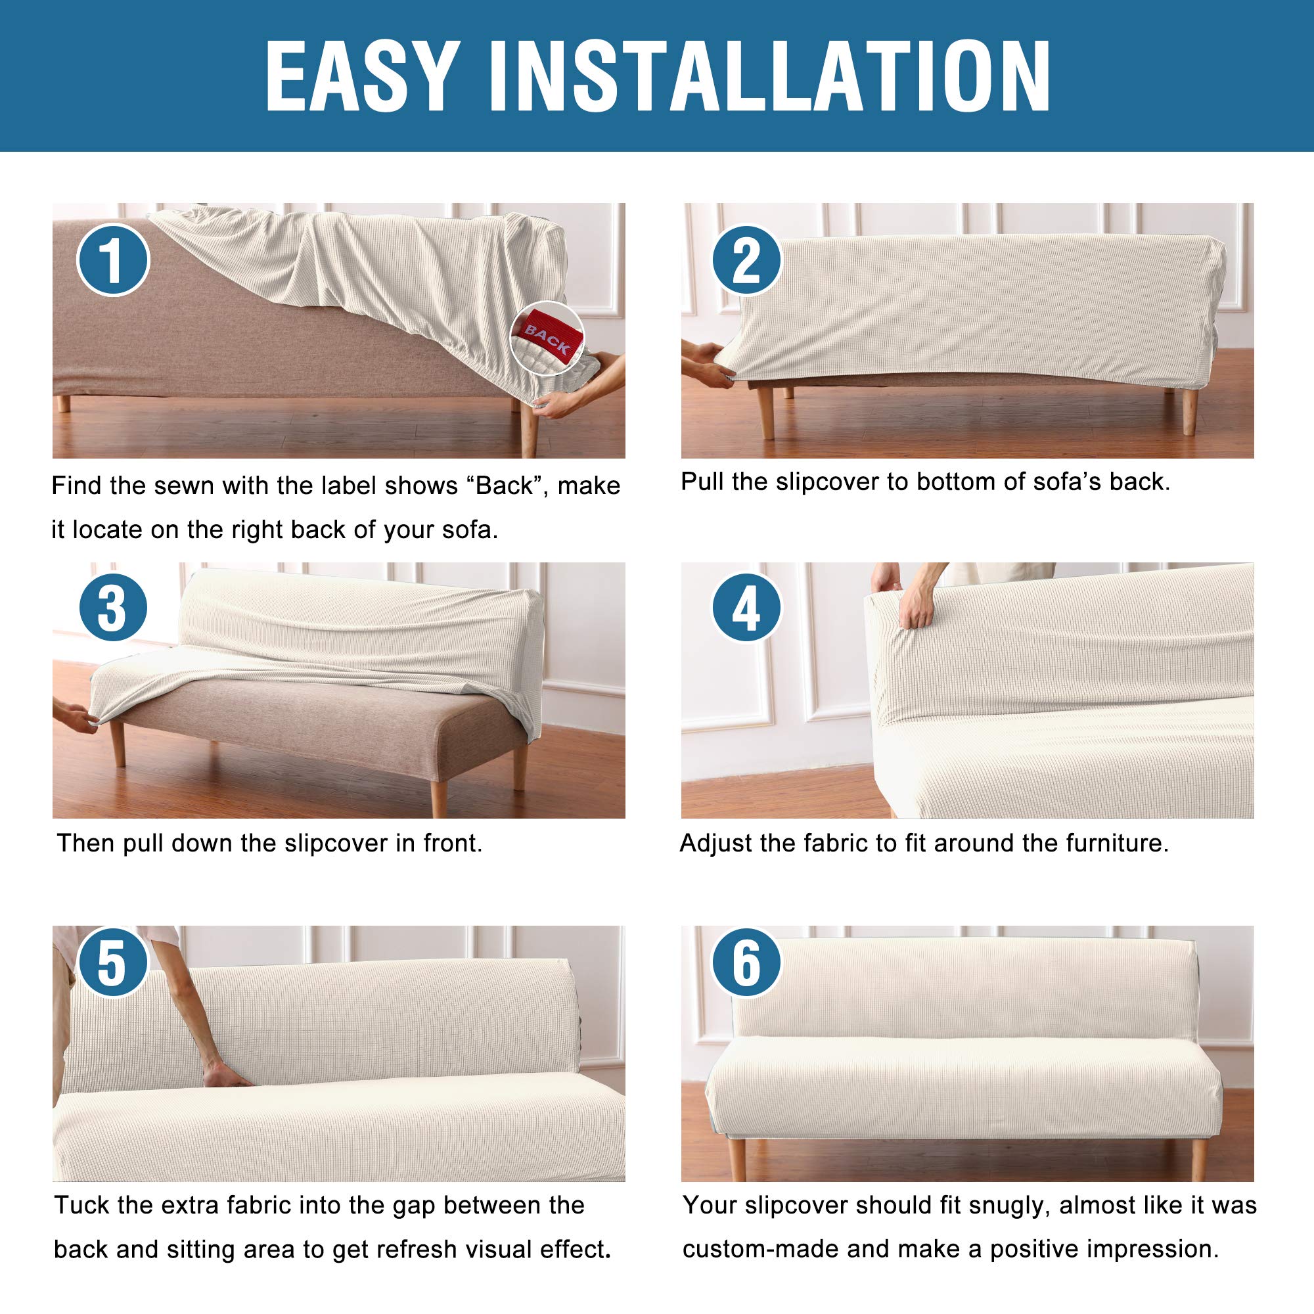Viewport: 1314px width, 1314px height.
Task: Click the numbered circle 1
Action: [113, 260]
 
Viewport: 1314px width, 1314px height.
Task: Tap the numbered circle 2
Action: [747, 260]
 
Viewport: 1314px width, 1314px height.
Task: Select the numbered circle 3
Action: [113, 607]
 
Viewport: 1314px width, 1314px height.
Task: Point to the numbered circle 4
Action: [747, 607]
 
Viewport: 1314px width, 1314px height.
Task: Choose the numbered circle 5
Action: [113, 963]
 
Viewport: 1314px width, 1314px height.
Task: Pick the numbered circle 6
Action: [747, 963]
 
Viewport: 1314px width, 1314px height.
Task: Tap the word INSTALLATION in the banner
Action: [770, 76]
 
